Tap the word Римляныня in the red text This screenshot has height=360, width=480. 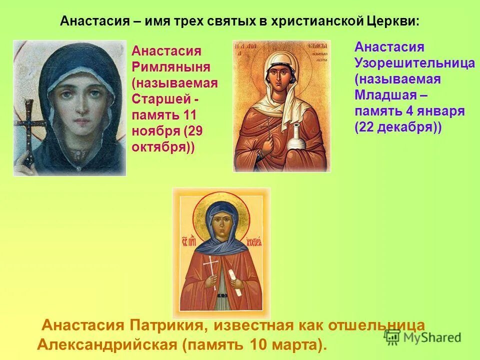pyautogui.click(x=171, y=67)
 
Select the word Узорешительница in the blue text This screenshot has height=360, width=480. pyautogui.click(x=414, y=63)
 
